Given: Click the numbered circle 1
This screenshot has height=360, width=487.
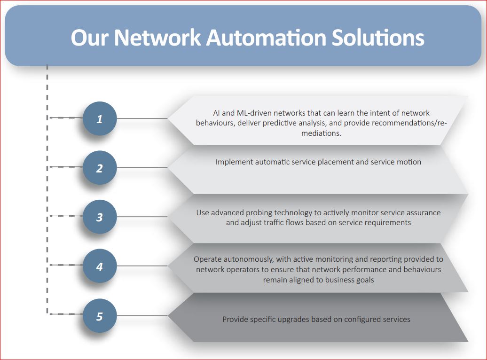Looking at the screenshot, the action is tap(100, 118).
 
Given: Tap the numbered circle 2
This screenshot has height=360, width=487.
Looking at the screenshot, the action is tap(100, 167).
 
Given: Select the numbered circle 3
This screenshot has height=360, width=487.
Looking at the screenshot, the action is tap(100, 217).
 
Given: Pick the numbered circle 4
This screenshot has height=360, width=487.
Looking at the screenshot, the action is tap(100, 266).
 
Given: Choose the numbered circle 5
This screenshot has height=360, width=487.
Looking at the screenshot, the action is tap(100, 315).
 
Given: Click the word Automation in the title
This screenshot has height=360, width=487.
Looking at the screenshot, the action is tap(266, 38).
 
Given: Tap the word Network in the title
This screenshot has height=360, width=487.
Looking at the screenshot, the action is tap(158, 38).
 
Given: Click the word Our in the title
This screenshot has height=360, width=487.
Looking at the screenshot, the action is tap(90, 38).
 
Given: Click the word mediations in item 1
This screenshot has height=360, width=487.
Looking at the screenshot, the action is tap(321, 133).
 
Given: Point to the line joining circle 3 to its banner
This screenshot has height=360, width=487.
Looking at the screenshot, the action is tap(142, 217).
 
